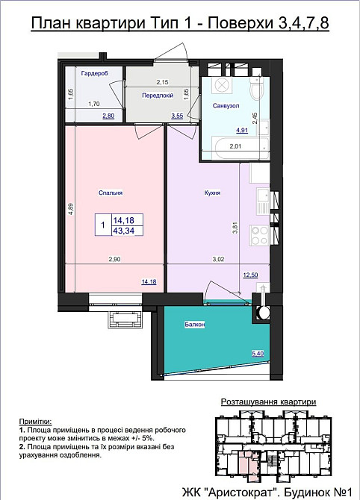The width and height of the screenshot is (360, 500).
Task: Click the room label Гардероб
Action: [94, 73]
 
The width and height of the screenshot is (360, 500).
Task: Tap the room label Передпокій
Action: [158, 96]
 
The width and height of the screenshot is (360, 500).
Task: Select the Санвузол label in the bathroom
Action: [226, 105]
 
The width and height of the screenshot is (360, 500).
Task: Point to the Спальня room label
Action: [111, 193]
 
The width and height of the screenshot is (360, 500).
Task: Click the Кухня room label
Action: [212, 193]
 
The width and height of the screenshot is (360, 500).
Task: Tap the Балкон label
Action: [195, 325]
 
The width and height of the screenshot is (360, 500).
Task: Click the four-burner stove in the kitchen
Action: [260, 235]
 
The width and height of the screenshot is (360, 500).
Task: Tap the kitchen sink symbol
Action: [264, 199]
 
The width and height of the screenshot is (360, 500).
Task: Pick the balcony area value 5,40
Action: [258, 353]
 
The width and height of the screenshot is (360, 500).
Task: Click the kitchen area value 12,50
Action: [250, 275]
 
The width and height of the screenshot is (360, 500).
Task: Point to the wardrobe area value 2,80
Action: [108, 116]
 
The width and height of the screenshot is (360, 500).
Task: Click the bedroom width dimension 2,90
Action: [114, 259]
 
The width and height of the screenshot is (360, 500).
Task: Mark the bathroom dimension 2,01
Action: [236, 146]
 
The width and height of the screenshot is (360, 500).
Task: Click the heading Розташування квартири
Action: [269, 401]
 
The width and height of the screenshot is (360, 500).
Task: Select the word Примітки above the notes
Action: [35, 422]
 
